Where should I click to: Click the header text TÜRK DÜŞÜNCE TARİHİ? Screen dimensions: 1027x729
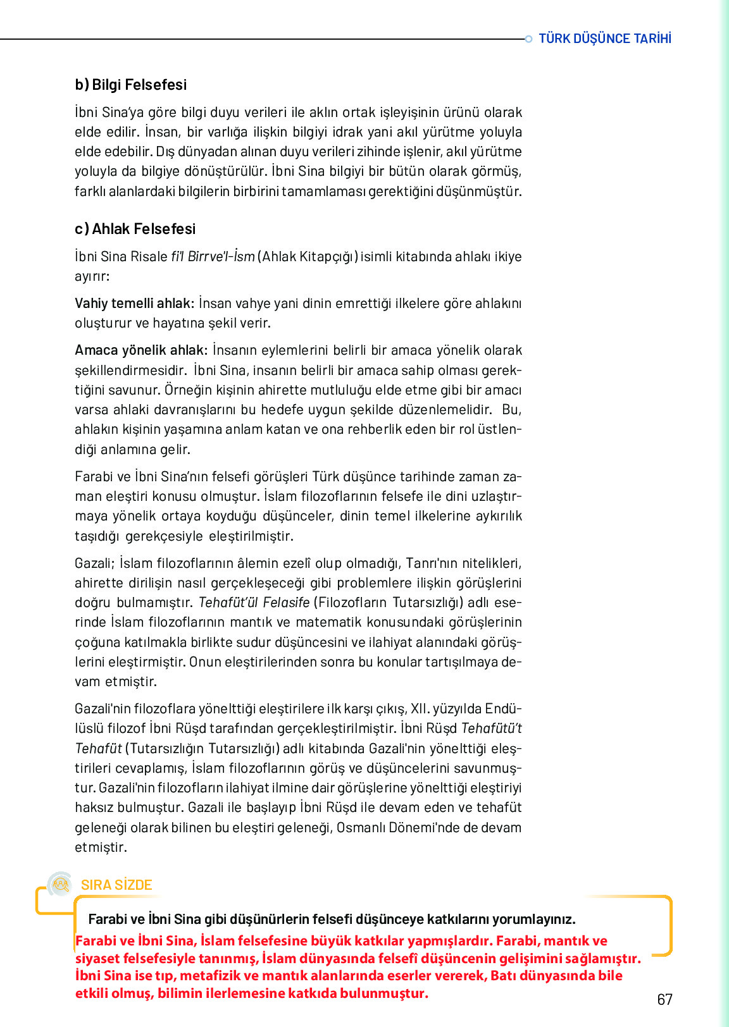[604, 39]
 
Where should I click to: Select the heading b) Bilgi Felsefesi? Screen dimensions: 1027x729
[131, 85]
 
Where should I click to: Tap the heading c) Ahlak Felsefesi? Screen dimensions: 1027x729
[135, 229]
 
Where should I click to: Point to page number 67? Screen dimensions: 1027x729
[664, 999]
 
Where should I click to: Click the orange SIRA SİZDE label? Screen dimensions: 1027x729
[116, 885]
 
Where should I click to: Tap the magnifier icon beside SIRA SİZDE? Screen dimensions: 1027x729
[61, 883]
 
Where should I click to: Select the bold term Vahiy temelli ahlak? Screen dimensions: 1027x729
[134, 304]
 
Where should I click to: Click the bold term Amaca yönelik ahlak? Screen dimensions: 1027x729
[141, 350]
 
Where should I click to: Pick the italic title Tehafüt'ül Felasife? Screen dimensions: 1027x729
[254, 603]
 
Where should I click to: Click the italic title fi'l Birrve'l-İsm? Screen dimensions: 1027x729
[213, 257]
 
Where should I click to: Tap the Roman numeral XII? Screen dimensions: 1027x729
[419, 709]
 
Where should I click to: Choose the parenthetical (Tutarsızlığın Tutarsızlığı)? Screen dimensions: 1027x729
[202, 749]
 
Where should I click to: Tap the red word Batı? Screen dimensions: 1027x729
[504, 976]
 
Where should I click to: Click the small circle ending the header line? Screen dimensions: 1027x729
[528, 39]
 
